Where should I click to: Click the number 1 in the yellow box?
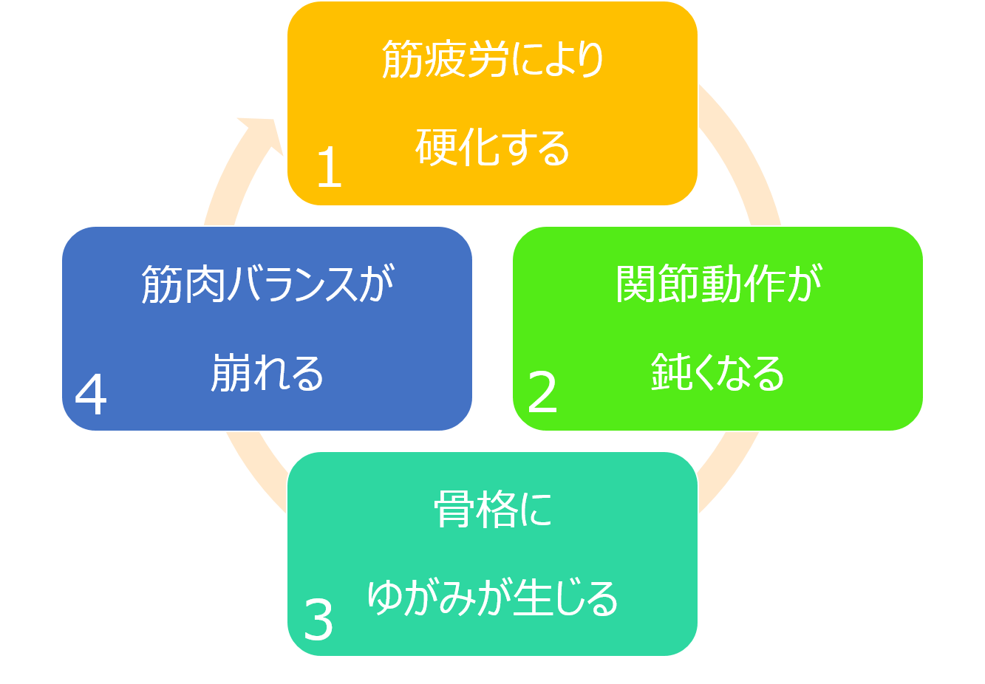329,167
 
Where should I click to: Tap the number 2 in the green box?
542,392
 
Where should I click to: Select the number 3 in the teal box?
318,620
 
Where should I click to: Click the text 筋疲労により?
492,59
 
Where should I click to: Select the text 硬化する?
492,147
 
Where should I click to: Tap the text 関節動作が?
718,284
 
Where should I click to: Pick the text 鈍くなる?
718,372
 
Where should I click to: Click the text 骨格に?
492,510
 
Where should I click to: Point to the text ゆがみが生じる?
492,598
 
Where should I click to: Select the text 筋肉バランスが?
267,284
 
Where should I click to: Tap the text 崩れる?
267,372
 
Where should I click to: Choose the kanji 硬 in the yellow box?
435,147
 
